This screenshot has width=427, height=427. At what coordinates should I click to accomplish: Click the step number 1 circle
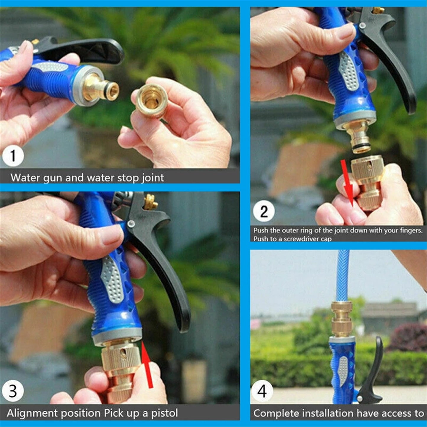click(13, 156)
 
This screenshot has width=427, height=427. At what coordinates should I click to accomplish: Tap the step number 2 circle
click(264, 212)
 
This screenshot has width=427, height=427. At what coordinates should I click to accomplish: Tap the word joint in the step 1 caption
click(153, 178)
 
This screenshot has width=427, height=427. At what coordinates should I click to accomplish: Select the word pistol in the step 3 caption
click(164, 413)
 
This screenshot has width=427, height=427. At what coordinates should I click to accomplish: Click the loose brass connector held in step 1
click(151, 100)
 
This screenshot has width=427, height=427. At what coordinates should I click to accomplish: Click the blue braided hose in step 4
click(343, 275)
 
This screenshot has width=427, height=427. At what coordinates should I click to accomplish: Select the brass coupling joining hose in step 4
click(341, 319)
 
